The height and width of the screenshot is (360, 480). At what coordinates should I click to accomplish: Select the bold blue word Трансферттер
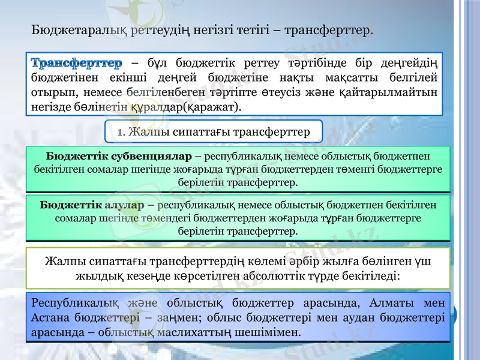(76, 63)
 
